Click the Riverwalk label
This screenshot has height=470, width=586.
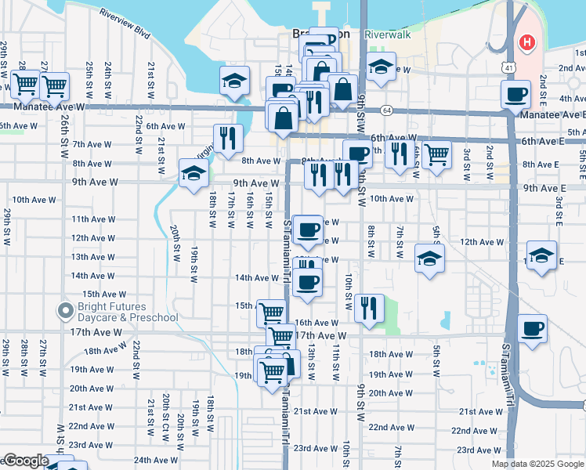(x=387, y=35)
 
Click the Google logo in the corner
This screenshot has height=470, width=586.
(x=25, y=461)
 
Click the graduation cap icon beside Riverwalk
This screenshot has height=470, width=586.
(x=381, y=67)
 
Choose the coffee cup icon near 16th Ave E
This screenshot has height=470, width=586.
(x=533, y=328)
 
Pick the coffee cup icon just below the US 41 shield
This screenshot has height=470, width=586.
(x=515, y=95)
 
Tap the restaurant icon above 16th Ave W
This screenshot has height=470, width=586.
(x=368, y=308)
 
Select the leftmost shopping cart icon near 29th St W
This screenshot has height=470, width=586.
(x=25, y=83)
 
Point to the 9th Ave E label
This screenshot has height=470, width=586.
(x=544, y=189)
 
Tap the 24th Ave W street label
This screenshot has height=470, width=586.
(x=154, y=460)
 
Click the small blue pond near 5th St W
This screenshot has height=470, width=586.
(x=446, y=320)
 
